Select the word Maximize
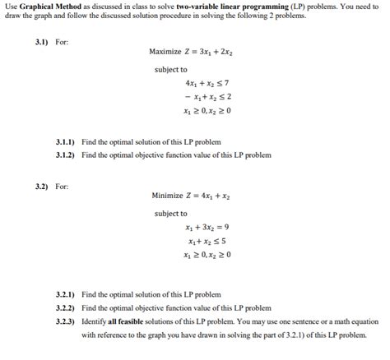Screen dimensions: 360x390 [x=166, y=52]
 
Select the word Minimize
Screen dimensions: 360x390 [x=168, y=196]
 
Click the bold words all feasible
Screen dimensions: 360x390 [x=125, y=321]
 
